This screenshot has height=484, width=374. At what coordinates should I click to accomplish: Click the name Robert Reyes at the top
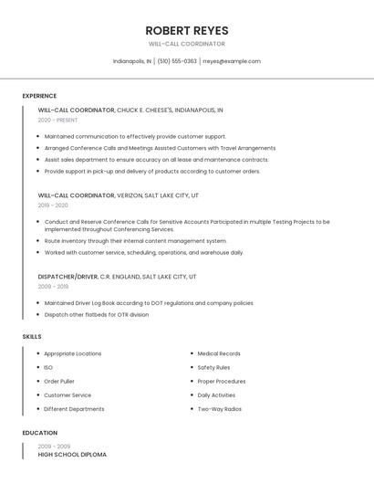click(x=186, y=30)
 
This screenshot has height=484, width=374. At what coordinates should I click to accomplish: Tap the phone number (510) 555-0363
click(x=177, y=61)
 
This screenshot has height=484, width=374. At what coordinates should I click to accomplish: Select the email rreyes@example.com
click(x=232, y=61)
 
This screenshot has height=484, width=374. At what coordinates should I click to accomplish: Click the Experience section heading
click(x=39, y=96)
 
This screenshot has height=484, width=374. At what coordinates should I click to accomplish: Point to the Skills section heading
click(x=32, y=337)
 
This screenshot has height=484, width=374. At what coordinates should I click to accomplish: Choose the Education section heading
click(x=40, y=433)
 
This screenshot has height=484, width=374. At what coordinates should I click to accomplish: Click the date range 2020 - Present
click(x=57, y=120)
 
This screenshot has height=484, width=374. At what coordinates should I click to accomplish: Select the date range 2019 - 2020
click(x=53, y=205)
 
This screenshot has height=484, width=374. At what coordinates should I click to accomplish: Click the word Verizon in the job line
click(x=132, y=195)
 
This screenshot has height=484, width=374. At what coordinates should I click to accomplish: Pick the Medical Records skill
click(x=219, y=353)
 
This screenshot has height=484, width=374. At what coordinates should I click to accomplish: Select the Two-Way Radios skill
click(x=219, y=409)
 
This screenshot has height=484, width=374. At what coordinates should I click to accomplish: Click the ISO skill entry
click(x=48, y=367)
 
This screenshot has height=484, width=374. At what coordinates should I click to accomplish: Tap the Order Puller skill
click(x=59, y=381)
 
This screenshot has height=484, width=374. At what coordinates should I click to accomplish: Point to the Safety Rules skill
click(x=213, y=367)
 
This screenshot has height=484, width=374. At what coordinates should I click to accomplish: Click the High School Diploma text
click(x=72, y=455)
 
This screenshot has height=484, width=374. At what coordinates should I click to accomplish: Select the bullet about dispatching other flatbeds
click(x=96, y=315)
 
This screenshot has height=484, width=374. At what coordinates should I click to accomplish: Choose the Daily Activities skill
click(x=216, y=395)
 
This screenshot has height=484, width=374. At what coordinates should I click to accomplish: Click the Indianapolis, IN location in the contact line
click(x=132, y=61)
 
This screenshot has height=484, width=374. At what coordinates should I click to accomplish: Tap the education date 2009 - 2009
click(x=54, y=447)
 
